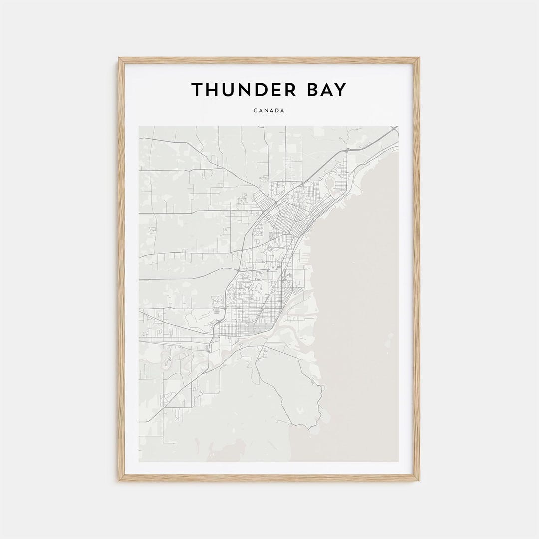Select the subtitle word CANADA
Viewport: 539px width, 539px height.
pos(269,111)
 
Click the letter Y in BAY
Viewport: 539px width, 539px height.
pos(340,90)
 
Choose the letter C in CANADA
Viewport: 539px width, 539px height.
pos(255,111)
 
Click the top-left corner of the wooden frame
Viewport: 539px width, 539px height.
pos(119,58)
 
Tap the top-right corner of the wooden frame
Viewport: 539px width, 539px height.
pos(419,58)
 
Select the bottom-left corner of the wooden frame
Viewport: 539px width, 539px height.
pos(119,480)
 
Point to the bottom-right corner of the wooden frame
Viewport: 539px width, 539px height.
pos(419,480)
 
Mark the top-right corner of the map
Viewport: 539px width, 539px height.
pos(399,126)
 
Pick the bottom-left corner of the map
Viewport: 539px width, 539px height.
pos(139,462)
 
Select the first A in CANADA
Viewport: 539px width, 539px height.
pos(261,111)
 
